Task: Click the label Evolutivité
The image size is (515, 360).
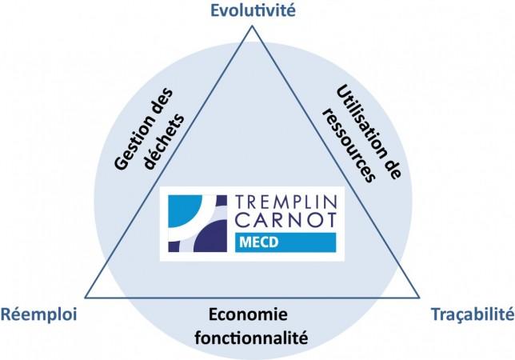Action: tap(253, 10)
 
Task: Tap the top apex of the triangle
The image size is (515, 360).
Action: tap(253, 26)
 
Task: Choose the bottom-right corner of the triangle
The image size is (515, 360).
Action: tap(421, 297)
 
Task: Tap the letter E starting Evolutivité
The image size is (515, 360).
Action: tap(214, 10)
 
